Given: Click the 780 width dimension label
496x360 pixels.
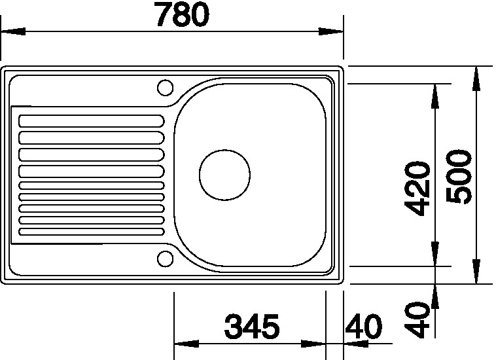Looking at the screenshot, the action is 183,14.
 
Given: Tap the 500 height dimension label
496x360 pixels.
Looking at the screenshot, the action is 458,177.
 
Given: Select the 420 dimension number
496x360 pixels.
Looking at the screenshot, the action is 418,189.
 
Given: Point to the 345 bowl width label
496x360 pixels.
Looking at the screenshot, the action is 252,326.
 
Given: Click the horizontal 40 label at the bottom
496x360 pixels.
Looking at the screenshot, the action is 363,326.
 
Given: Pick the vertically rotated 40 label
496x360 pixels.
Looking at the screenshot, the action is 418,319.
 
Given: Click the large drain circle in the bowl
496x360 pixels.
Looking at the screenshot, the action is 224,175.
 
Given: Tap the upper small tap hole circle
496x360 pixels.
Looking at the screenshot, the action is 165,87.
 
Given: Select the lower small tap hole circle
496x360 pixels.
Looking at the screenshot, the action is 165,259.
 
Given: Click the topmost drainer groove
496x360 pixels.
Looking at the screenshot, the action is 92,121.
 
